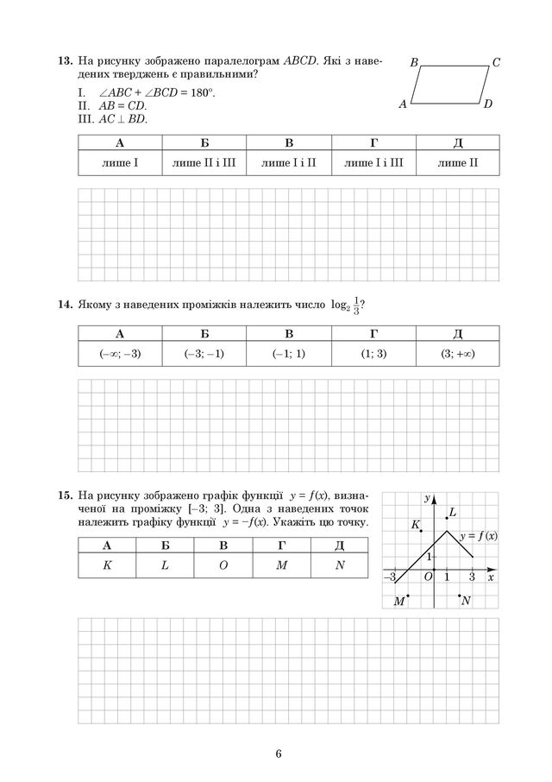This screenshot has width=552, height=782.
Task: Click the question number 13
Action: click(64, 62)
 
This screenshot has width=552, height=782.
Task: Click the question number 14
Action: click(64, 304)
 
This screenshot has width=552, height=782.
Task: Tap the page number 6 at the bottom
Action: click(279, 754)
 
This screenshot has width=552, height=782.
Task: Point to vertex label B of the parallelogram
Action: click(414, 63)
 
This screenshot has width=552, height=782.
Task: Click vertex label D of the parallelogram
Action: click(487, 104)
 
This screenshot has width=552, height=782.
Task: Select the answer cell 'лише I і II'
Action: click(289, 161)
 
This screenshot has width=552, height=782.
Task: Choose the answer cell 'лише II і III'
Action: click(204, 161)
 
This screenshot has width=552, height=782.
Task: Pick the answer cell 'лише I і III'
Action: click(373, 161)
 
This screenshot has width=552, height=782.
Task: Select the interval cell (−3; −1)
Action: click(204, 354)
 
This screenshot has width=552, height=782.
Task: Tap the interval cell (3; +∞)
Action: click(458, 354)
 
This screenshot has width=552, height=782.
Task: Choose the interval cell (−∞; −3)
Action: click(120, 354)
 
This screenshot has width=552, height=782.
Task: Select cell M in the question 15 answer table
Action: click(281, 566)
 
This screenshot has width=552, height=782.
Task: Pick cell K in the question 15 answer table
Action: click(107, 566)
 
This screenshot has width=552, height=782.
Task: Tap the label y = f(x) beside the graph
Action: click(478, 536)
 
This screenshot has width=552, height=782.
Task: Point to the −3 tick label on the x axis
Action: click(390, 577)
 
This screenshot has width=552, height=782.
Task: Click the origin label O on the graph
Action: click(428, 577)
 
